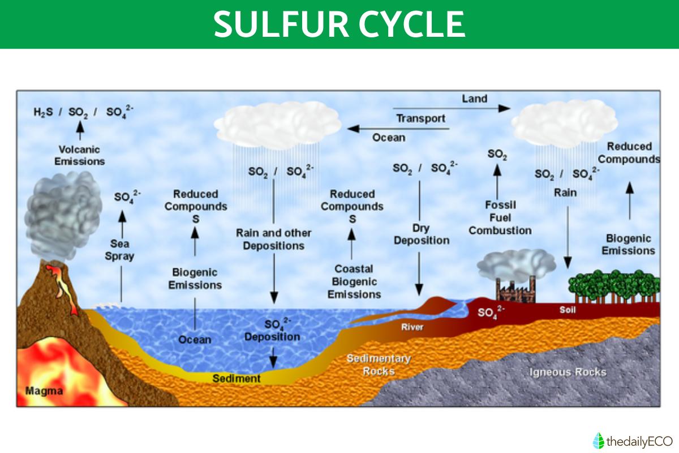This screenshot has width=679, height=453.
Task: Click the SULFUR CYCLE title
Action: pos(339,24)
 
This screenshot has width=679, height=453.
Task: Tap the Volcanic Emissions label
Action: pos(80,155)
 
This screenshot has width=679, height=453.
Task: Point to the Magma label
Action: pos(44,391)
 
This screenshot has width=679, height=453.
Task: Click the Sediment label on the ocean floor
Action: pos(236,378)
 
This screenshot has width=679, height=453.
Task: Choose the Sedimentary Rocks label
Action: pos(379,365)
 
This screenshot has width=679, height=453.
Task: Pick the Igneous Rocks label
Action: pos(567,372)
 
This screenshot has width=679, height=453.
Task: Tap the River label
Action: pos(412,327)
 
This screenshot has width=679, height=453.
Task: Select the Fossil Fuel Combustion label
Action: pos(500,217)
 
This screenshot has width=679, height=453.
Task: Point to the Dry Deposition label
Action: pos(422,234)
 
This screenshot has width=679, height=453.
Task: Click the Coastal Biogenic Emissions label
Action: pos(354,281)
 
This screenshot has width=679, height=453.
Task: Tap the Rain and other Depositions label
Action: pos(273,239)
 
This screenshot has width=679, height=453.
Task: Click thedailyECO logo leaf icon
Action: pos(598,440)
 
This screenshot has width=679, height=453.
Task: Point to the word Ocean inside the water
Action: pos(195,340)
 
